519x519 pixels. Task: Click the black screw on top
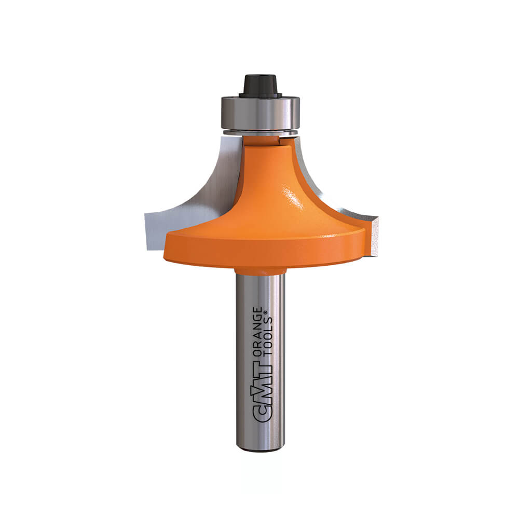(x=261, y=87)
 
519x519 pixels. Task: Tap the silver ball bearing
(x=261, y=113)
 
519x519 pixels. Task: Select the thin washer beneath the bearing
(x=261, y=133)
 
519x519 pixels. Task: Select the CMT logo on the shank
(x=262, y=391)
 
